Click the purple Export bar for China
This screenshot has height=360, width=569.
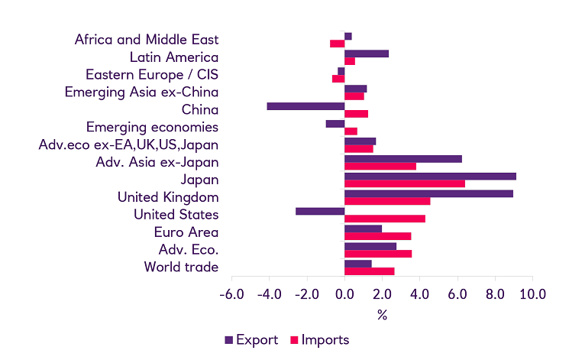coord(306,106)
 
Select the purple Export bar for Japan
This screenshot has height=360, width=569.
coord(430,176)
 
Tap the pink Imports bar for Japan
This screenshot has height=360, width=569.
coord(405,183)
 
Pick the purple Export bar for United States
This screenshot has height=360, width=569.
coord(320,211)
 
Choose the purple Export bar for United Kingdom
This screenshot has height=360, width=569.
coord(428,193)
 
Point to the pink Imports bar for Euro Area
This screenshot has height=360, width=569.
coord(377,236)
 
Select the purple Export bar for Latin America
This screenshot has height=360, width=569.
coord(367,54)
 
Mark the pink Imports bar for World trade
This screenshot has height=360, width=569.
coord(370,271)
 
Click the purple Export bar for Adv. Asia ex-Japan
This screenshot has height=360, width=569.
coord(403,158)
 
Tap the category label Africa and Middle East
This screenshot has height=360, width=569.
coord(147,40)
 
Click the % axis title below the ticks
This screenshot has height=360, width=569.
coord(382,314)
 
